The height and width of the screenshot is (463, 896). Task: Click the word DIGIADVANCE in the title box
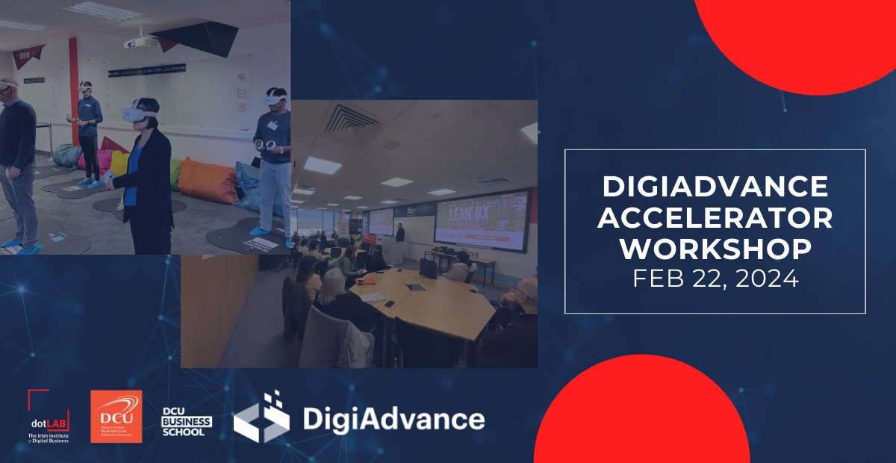tap(715, 186)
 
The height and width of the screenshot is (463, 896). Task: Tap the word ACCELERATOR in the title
tap(715, 217)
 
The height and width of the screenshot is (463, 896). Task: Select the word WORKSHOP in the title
tap(715, 249)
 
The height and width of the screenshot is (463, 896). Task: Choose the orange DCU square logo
tap(116, 416)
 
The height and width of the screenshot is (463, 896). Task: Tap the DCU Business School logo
tap(187, 421)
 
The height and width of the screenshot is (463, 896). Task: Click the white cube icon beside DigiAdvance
tap(261, 416)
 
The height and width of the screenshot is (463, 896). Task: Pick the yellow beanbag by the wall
tap(119, 162)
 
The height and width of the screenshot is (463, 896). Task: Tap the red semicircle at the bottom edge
tap(642, 418)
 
